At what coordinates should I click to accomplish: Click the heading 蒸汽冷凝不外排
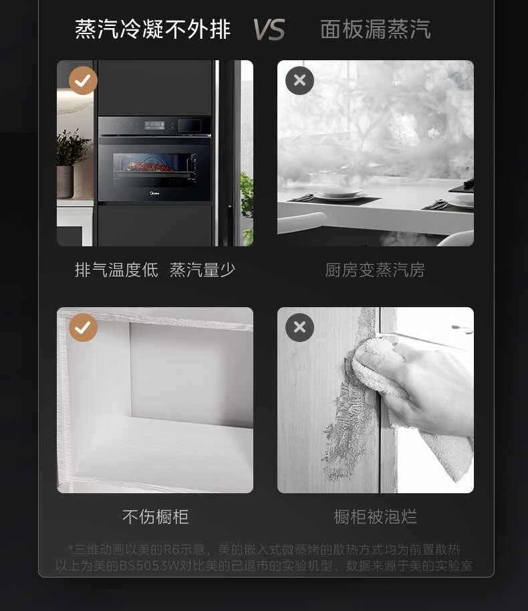152,29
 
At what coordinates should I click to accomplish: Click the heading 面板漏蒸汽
375,29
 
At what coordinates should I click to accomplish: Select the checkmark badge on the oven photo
83,81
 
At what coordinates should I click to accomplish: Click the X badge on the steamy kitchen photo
299,81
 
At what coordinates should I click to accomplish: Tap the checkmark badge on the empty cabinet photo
83,328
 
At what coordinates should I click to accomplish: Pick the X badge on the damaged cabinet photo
299,328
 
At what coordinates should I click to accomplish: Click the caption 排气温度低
116,270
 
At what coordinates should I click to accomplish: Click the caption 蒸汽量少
203,270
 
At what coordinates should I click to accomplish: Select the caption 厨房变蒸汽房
375,270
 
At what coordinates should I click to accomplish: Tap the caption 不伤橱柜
155,517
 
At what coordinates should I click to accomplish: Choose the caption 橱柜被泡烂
375,517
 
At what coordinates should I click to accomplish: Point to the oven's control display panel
155,124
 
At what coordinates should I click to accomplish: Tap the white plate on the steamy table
338,195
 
